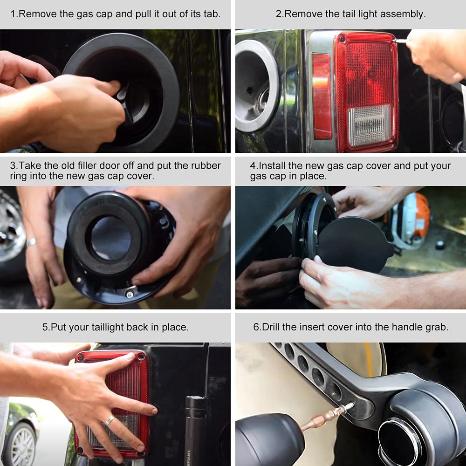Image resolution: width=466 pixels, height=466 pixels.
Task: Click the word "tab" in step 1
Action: pos(212,14)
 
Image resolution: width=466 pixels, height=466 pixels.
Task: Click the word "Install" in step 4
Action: pos(272,165)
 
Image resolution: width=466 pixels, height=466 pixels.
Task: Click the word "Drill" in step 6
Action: pos(271,327)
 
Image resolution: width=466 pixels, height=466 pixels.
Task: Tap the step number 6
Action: pos(256,327)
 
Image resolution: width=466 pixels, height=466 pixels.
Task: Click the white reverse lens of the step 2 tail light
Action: pos(370,125)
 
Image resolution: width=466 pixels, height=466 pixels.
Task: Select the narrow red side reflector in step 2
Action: pos(322,96)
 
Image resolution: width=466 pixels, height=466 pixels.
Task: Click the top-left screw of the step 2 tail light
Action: pos(343,38)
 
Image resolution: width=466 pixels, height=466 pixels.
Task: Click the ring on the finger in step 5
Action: pos(109,420)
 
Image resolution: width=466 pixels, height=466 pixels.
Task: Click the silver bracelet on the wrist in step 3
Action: pos(31,242)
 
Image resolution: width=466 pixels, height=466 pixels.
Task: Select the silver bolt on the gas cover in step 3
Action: pos(130,294)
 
